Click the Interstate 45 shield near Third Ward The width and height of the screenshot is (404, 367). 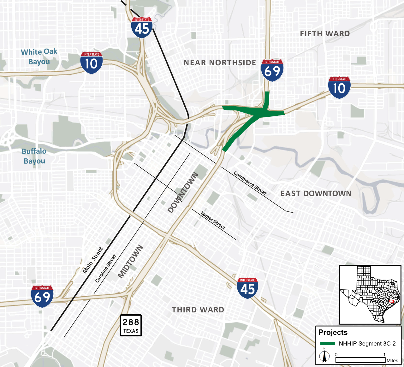click(247, 288)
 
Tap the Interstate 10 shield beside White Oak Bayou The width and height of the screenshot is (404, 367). click(91, 63)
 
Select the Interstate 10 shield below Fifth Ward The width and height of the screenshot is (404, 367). click(339, 87)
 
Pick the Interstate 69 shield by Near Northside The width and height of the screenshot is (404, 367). click(272, 70)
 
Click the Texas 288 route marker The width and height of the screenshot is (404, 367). click(131, 325)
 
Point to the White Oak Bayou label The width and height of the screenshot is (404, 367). click(39, 56)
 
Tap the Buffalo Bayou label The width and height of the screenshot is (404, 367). click(34, 156)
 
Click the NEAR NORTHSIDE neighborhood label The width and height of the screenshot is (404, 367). click(220, 63)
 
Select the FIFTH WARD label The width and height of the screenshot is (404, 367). click(325, 34)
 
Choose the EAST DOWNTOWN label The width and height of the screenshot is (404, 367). click(316, 193)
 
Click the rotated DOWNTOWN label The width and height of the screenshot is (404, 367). click(183, 192)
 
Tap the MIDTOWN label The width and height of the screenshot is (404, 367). click(131, 262)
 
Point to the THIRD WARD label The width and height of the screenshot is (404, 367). click(198, 310)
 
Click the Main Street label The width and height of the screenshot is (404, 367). click(92, 260)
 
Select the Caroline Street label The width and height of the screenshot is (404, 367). click(106, 269)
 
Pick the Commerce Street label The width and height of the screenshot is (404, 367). click(250, 183)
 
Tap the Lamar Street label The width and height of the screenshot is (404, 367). click(213, 220)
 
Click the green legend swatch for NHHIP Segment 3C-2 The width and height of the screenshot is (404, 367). click(327, 344)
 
